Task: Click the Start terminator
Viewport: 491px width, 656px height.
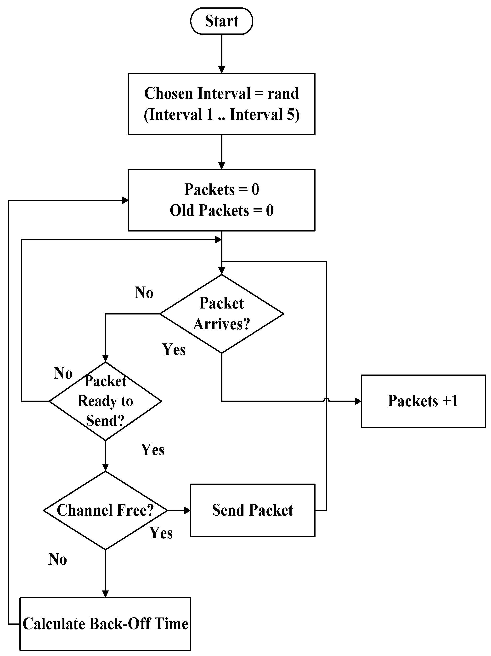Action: tap(221, 21)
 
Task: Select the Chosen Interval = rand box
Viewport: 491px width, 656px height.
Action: tap(221, 104)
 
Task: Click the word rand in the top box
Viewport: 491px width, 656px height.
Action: tap(283, 94)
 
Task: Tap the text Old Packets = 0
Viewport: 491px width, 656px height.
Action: tap(221, 210)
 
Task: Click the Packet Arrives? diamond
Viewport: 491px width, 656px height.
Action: tap(221, 314)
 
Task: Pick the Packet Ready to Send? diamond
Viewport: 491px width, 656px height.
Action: tap(105, 401)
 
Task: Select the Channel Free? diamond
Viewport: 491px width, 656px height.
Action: tap(105, 510)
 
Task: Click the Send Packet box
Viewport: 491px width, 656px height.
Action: tap(252, 510)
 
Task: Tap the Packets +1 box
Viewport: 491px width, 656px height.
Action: tap(423, 401)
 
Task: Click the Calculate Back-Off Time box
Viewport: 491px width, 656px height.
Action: tap(105, 624)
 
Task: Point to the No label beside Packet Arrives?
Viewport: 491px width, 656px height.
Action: tap(144, 293)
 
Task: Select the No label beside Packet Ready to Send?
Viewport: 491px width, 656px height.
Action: tap(63, 373)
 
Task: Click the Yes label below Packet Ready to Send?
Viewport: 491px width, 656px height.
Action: tap(152, 450)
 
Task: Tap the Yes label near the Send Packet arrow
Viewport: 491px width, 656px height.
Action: tap(161, 533)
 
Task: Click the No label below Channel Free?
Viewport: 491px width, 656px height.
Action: tap(58, 559)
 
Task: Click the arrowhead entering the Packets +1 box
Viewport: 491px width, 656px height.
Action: tap(358, 401)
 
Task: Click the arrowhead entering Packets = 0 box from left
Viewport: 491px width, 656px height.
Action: tap(125, 200)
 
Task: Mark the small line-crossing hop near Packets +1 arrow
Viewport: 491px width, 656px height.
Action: tap(326, 400)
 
